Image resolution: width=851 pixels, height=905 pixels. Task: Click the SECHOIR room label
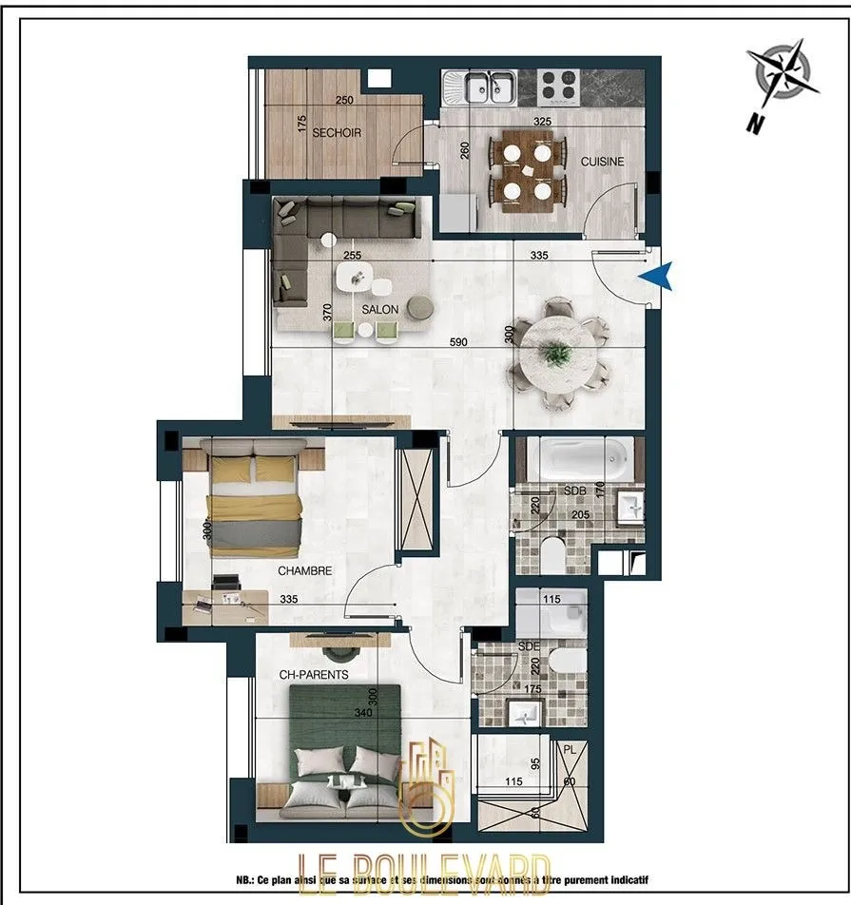coord(337,133)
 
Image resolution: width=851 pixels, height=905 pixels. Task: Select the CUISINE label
coord(602,162)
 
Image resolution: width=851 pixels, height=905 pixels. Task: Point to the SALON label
coord(379,310)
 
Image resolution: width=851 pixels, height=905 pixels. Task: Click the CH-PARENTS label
coord(313,675)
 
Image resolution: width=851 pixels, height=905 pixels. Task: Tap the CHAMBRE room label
coord(304,571)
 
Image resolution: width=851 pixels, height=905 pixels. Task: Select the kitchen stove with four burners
coord(559,88)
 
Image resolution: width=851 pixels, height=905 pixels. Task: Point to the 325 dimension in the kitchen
coord(543,122)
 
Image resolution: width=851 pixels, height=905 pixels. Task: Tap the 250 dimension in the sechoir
coord(344,101)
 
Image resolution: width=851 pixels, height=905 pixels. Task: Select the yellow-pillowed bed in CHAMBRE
coord(254,504)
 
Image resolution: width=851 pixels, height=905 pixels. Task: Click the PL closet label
coord(571,750)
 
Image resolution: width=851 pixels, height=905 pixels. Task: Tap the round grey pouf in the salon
coord(419,307)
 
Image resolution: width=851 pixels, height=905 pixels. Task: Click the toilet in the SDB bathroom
coord(553,553)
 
